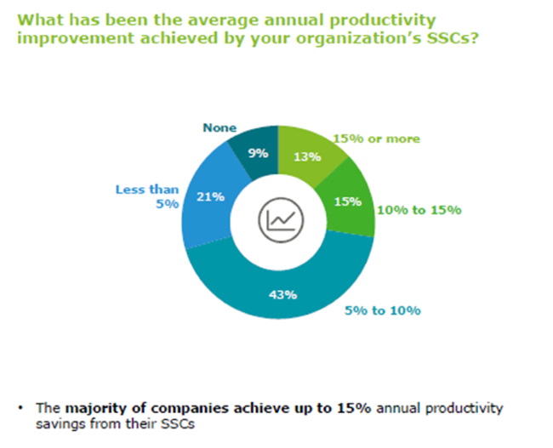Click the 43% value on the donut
[283, 295]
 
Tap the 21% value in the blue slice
[210, 196]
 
